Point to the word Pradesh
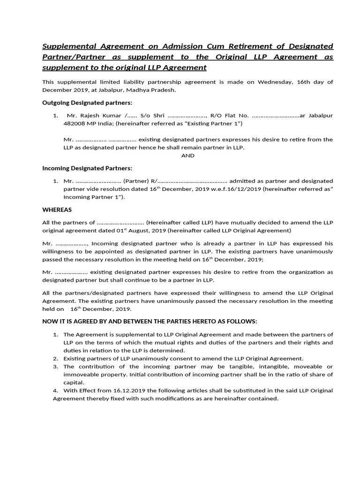pos(163,90)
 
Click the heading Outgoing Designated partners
pos(87,102)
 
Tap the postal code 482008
pos(75,123)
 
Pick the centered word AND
pos(187,156)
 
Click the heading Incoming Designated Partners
pos(87,168)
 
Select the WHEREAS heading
pos(57,210)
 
